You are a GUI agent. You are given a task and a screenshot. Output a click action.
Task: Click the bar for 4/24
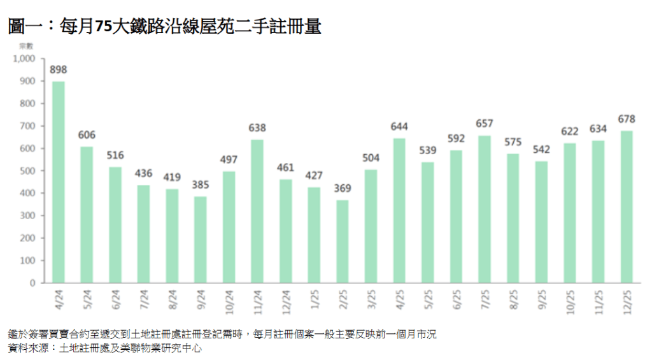click(x=59, y=182)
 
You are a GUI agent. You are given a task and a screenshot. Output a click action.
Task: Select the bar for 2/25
click(x=343, y=241)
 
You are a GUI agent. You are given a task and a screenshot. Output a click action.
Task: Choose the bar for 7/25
click(x=485, y=209)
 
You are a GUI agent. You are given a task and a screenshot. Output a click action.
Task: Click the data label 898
click(x=59, y=70)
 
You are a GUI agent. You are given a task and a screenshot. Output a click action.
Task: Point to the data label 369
click(x=343, y=189)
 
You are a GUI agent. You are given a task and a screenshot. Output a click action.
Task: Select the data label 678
click(x=627, y=119)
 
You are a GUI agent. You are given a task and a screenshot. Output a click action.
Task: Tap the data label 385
click(x=201, y=185)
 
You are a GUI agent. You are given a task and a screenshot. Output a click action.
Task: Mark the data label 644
click(x=399, y=127)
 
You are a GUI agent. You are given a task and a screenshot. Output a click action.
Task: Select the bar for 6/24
click(x=115, y=225)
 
